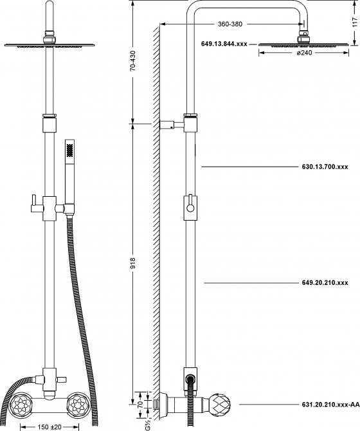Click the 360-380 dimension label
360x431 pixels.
pos(230,24)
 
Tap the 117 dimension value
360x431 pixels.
pos(355,23)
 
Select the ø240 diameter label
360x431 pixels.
pos(304,53)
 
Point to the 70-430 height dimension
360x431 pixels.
pos(133,61)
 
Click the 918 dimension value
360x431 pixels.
pos(133,262)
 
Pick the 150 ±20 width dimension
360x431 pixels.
pos(50,427)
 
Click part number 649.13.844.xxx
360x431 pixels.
pos(224,44)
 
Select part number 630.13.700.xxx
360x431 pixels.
pos(325,167)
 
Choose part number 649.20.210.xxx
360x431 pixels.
pos(325,282)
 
